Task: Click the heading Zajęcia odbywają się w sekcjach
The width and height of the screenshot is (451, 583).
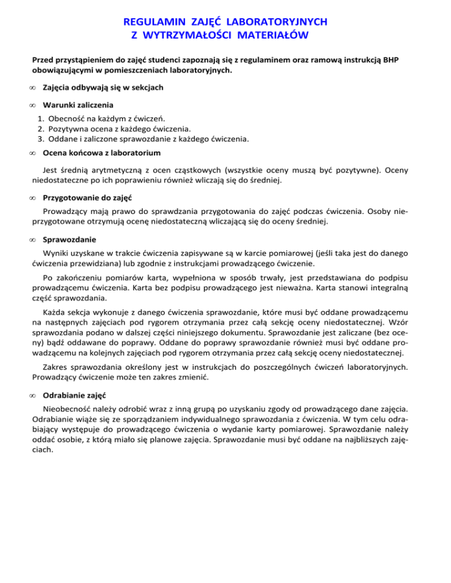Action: click(103, 87)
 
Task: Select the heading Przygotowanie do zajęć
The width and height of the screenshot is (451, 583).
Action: click(88, 198)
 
